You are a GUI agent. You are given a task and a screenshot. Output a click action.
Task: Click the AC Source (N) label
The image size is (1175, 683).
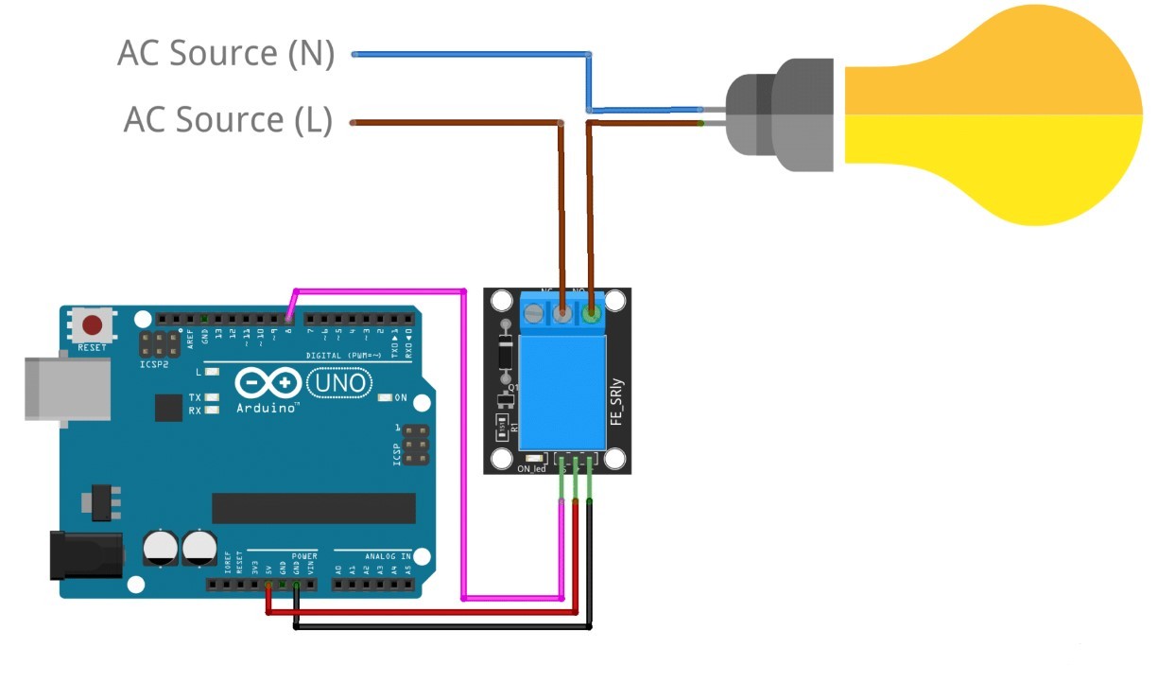tap(226, 54)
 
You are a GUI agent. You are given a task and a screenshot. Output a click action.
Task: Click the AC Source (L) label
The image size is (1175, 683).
tap(228, 121)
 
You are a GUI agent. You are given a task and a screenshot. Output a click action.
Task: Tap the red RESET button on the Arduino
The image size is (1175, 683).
tap(93, 326)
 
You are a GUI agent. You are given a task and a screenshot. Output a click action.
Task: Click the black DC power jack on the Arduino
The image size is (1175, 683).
tap(85, 554)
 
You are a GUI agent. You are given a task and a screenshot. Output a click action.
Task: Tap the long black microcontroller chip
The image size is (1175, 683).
tap(313, 508)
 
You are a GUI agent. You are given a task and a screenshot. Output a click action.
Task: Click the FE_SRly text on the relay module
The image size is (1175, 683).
tap(616, 401)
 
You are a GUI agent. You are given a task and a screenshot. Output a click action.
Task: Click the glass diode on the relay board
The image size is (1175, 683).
tap(506, 355)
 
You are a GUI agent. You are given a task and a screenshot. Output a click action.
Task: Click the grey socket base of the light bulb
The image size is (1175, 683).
tap(781, 115)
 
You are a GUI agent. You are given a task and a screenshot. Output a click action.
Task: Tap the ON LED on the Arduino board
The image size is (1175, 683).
tap(385, 397)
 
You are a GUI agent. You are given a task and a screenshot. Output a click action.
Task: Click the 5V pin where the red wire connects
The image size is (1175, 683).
tap(269, 586)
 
